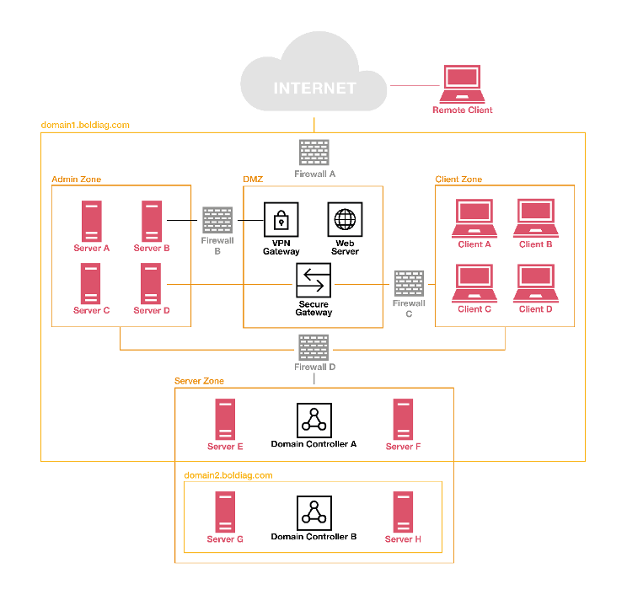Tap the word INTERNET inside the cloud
tap(313, 88)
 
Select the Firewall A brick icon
tap(313, 153)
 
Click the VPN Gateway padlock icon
tap(281, 220)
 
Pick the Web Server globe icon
tap(345, 220)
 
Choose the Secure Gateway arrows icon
tap(313, 281)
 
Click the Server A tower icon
tap(91, 221)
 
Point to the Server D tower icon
tap(151, 283)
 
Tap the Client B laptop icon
tap(535, 218)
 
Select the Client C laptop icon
tap(474, 283)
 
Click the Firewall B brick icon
tap(217, 220)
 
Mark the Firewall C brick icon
tap(409, 284)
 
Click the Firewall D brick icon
tap(313, 347)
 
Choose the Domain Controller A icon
tap(313, 420)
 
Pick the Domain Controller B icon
tap(313, 512)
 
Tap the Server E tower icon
tap(225, 420)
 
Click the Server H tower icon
tap(403, 512)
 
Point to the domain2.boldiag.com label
tap(228, 475)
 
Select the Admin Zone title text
tap(77, 180)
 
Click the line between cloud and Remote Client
tap(415, 85)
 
